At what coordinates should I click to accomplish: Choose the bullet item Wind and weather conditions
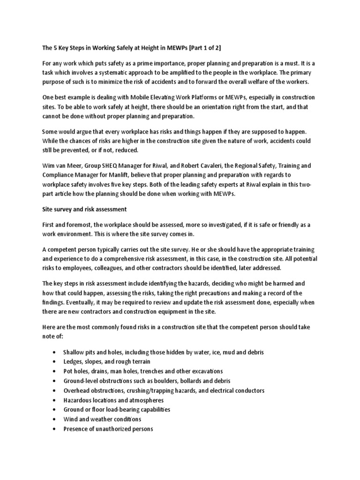pyautogui.click(x=102, y=419)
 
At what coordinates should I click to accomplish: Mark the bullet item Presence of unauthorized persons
pyautogui.click(x=108, y=429)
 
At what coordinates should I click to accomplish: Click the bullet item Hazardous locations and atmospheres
pyautogui.click(x=113, y=400)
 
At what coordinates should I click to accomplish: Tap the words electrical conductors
pyautogui.click(x=236, y=390)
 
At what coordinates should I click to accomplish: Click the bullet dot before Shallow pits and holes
pyautogui.click(x=56, y=352)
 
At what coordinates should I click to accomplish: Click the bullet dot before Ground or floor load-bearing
pyautogui.click(x=56, y=410)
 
